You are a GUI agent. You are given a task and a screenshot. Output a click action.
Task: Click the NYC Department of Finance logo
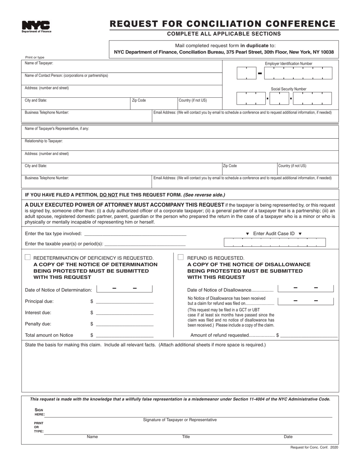[36, 27]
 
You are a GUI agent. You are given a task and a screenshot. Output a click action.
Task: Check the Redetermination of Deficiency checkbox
[28, 257]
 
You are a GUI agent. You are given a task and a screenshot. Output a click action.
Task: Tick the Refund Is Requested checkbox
[181, 257]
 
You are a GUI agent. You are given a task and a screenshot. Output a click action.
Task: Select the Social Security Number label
[288, 89]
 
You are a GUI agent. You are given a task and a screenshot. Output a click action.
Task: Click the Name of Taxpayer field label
[39, 63]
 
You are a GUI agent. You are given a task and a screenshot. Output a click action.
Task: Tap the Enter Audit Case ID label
[274, 234]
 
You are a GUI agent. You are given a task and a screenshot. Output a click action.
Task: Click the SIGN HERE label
[39, 412]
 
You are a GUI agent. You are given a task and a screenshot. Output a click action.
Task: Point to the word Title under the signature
[186, 437]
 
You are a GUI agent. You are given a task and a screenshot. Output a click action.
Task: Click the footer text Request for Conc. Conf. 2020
[314, 447]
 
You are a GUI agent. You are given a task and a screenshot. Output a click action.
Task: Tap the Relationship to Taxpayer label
[44, 141]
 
